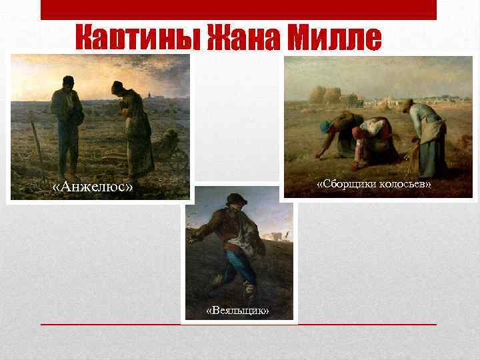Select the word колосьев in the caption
point(407,183)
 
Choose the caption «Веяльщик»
point(238,311)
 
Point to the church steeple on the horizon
point(153,91)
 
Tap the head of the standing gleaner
point(407,105)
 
